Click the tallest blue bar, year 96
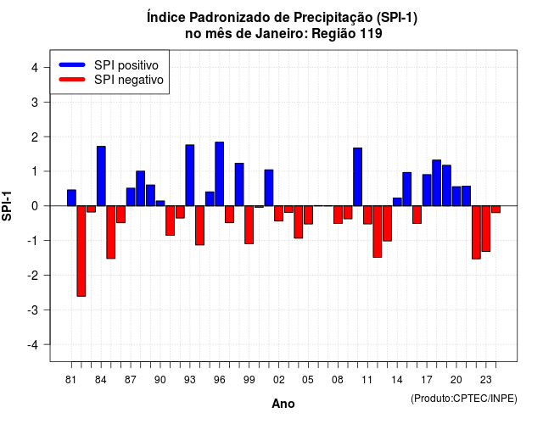[219, 174]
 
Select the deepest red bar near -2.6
[81, 251]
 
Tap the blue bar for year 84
[101, 176]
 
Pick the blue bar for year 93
[190, 176]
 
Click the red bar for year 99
[249, 225]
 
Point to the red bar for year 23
[486, 228]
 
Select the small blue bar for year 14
[397, 202]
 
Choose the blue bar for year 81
[71, 198]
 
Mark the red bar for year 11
[367, 215]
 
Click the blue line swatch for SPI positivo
[72, 64]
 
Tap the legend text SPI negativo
[129, 80]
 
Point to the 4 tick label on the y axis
[35, 68]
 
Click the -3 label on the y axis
[32, 310]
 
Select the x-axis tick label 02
[279, 380]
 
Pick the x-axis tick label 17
[427, 380]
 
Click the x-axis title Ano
[283, 404]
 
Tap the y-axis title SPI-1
[7, 206]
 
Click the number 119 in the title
[371, 34]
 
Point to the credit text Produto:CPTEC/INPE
[464, 399]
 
